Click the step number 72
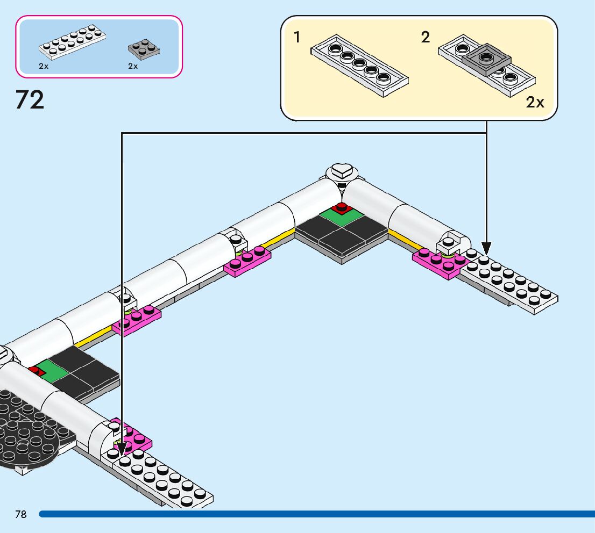tap(30, 100)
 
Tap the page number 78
tap(21, 514)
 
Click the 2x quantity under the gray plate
tap(133, 66)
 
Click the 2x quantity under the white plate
tap(44, 66)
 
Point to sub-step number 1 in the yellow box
tap(297, 38)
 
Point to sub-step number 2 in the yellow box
tap(426, 38)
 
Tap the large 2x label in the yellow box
tap(535, 102)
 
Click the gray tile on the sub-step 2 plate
tap(486, 57)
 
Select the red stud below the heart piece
tap(341, 206)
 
